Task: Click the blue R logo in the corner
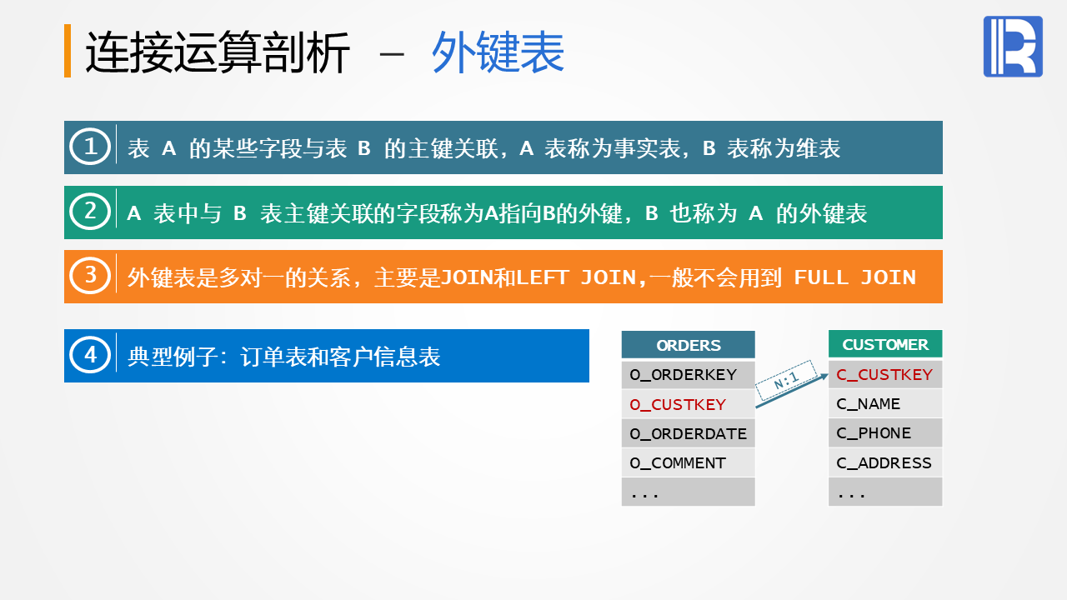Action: tap(1013, 46)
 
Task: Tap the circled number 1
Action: tap(90, 146)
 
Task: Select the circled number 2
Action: tap(90, 212)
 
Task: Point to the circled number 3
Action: tap(90, 276)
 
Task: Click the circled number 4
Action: tap(90, 355)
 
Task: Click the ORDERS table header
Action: tap(688, 345)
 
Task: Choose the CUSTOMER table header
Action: tap(885, 344)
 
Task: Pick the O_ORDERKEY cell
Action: tap(688, 375)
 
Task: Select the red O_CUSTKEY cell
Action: tap(688, 404)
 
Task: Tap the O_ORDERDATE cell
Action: tap(688, 433)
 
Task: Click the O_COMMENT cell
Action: tap(688, 462)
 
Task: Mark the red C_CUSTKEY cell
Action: tap(885, 374)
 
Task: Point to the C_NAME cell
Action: tap(885, 404)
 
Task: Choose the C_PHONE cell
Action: tap(885, 432)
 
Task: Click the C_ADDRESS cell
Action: tap(885, 462)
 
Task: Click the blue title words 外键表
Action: tap(498, 52)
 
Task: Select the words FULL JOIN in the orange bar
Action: tap(855, 277)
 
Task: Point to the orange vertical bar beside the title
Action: tap(68, 51)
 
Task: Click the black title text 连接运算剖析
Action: tap(218, 52)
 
